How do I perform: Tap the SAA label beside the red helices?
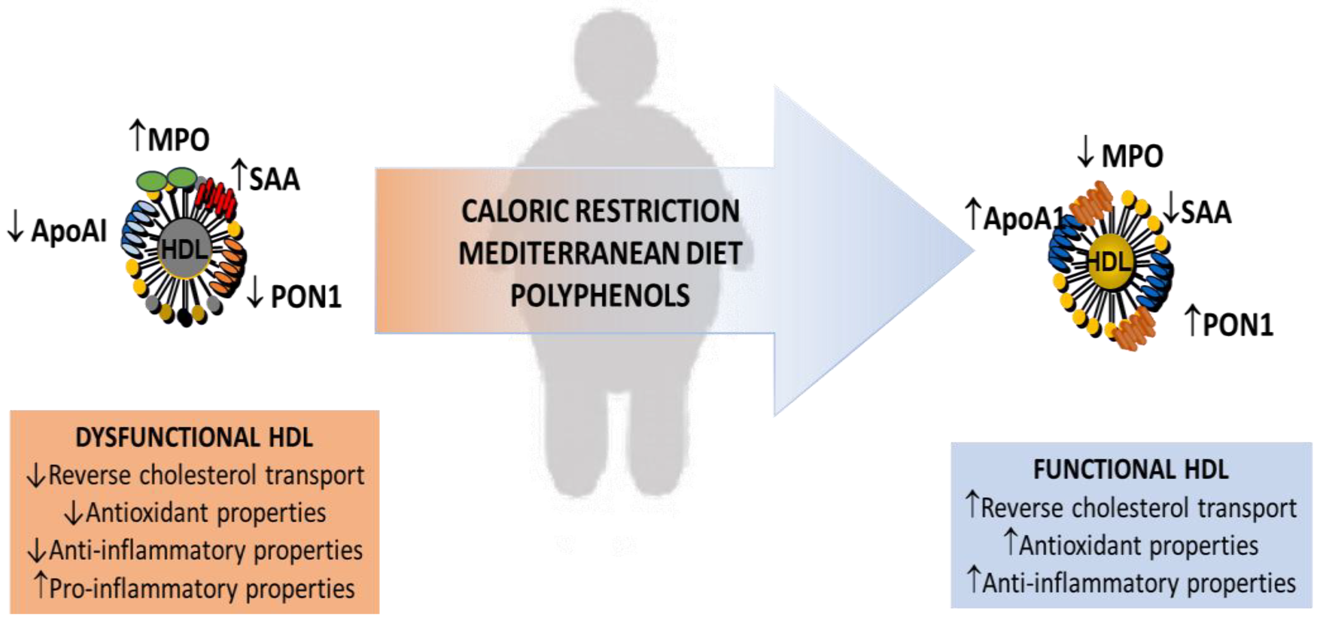coord(274,179)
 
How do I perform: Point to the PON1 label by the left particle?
coord(305,297)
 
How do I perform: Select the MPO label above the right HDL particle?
coord(1132,156)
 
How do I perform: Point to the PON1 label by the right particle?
coord(1237,325)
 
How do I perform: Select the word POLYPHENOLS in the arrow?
coord(600,296)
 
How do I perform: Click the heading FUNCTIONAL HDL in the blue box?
coord(1131,470)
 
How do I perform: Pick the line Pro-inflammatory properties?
coord(202,588)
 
